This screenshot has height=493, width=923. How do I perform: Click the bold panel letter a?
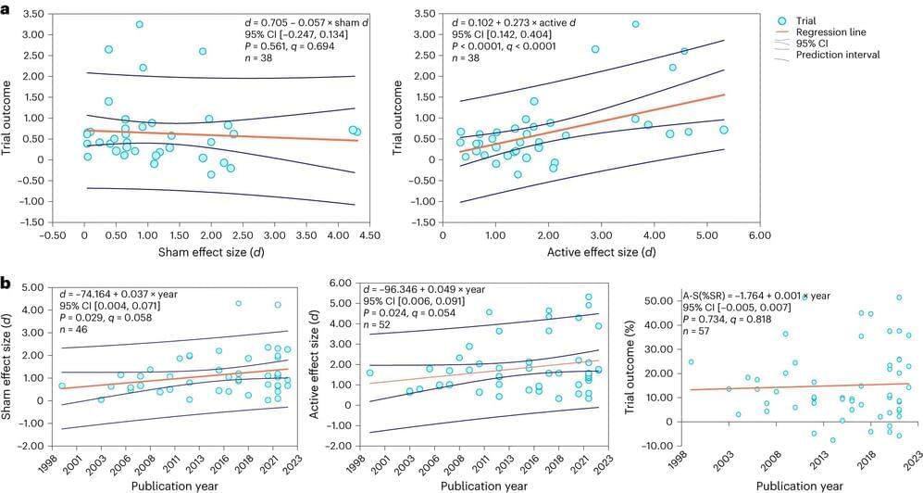coord(6,7)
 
